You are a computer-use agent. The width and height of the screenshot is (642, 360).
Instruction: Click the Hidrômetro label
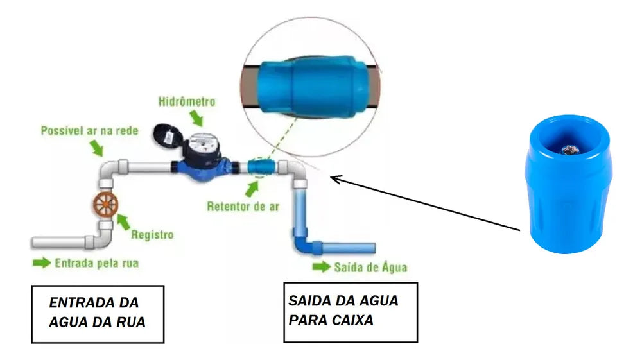tap(187, 102)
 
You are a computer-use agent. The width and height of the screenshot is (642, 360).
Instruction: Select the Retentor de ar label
tap(243, 207)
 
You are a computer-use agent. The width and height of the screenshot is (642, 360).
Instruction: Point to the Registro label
tap(152, 235)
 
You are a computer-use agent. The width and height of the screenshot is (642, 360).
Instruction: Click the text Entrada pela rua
tap(96, 263)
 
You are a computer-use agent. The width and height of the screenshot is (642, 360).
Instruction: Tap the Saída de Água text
tap(370, 267)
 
